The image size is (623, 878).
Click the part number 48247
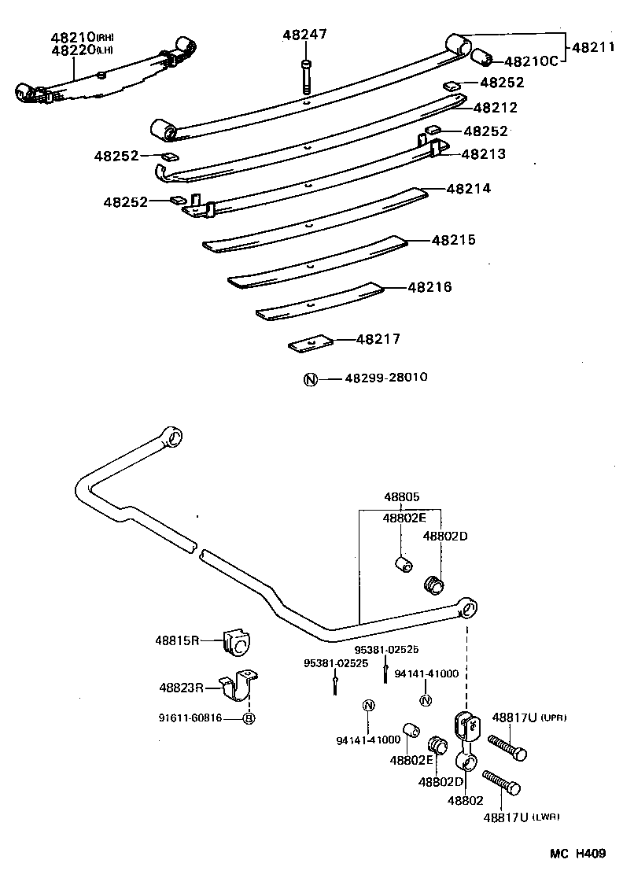[x=304, y=35]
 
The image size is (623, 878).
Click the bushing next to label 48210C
[x=481, y=57]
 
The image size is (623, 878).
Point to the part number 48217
[x=378, y=339]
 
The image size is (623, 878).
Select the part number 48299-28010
[x=386, y=378]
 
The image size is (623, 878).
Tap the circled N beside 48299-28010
[x=310, y=379]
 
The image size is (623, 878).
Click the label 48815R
[x=178, y=640]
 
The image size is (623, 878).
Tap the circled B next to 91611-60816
[x=249, y=718]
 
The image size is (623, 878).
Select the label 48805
[x=402, y=497]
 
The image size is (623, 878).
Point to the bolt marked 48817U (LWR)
[x=501, y=781]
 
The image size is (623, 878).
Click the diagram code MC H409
[x=577, y=854]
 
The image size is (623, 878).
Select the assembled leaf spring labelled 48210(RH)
[x=102, y=75]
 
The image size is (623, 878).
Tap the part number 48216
[x=429, y=287]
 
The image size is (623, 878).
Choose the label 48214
[x=468, y=189]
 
